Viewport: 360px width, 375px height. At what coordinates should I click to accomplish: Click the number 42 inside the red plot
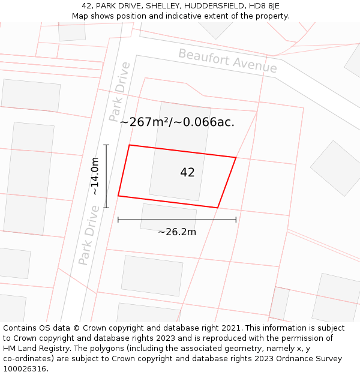(x=187, y=172)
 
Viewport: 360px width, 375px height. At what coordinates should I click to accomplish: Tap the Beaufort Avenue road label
(x=228, y=61)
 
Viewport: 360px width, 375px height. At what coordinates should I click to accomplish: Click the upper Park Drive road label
(x=119, y=92)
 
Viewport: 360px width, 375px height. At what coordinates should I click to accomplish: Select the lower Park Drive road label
(x=88, y=235)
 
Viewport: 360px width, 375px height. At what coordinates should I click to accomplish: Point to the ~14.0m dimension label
(x=95, y=176)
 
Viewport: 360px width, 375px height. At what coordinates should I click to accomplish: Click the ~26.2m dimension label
(x=177, y=232)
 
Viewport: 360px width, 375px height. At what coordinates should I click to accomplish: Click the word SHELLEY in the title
(x=157, y=6)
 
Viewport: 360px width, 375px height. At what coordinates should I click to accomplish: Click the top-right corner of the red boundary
(x=236, y=158)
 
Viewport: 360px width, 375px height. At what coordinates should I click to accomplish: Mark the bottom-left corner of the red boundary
(x=118, y=196)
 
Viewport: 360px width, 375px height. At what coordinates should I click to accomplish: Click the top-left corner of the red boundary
(x=130, y=145)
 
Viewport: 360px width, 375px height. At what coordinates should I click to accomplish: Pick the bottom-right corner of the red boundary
(x=217, y=208)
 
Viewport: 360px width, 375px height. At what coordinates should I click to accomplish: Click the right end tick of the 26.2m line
(x=236, y=220)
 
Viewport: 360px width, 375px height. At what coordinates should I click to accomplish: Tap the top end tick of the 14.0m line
(x=106, y=145)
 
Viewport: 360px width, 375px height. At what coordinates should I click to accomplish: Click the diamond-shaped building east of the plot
(x=335, y=168)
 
